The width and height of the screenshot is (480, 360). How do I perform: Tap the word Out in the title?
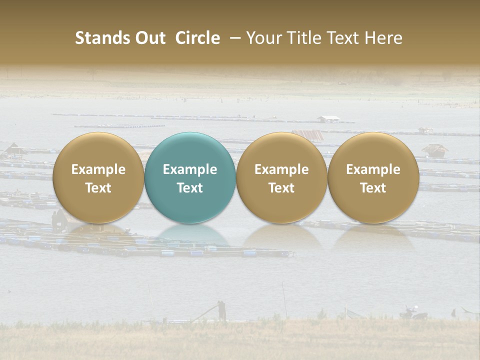click(x=149, y=38)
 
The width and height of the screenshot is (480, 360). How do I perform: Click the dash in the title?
click(x=233, y=38)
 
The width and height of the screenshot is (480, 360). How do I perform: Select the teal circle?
click(x=190, y=177)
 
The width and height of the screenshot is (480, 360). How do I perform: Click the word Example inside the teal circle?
click(x=190, y=169)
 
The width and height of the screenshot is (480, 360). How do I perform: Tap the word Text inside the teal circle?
click(x=190, y=188)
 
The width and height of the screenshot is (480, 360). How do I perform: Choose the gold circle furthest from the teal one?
click(x=373, y=177)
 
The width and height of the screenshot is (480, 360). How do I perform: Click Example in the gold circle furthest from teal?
click(x=373, y=169)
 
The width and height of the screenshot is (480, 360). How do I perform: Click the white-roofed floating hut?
click(x=328, y=119)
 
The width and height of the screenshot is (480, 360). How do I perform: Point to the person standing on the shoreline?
click(x=221, y=310)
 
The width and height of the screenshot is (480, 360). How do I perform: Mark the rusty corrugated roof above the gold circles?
click(x=308, y=134)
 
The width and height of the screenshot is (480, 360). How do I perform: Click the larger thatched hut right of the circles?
click(x=434, y=149)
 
